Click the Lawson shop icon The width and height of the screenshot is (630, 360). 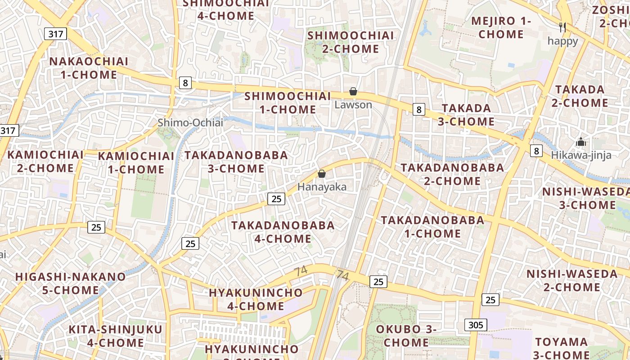353,92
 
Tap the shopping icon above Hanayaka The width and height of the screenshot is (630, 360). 322,174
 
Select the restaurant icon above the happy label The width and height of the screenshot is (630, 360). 562,27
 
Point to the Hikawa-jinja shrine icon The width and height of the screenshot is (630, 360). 581,142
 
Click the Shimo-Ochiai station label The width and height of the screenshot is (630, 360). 190,122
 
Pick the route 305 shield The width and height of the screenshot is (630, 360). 476,325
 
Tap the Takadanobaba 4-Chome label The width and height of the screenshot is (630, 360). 283,232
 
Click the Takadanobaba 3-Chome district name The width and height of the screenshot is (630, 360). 236,162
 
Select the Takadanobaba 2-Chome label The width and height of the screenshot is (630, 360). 452,174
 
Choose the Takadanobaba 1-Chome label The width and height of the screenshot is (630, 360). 433,227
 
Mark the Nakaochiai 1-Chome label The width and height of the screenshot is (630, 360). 89,68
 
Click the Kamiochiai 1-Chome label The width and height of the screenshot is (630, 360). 136,163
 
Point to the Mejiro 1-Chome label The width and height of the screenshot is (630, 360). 501,27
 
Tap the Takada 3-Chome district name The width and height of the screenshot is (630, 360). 466,115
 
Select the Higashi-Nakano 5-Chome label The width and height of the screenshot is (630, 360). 71,283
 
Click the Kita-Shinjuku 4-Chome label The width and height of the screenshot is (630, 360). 115,336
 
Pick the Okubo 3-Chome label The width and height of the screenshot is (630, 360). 406,336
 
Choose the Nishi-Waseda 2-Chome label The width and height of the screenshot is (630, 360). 572,280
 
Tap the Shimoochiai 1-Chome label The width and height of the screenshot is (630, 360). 288,103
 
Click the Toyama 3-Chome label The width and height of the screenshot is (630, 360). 562,348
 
